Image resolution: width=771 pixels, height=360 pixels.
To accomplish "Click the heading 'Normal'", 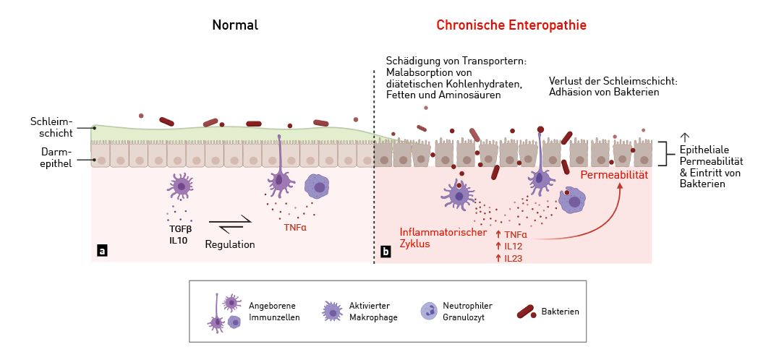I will click(235, 25).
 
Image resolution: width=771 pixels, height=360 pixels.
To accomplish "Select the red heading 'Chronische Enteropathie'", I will click(511, 25).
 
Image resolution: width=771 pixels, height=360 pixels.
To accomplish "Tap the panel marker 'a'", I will click(102, 251).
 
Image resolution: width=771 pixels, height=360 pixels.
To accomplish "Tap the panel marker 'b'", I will click(385, 252).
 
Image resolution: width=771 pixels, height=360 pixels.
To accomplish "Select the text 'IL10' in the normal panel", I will click(179, 240).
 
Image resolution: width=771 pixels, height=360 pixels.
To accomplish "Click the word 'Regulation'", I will click(230, 244).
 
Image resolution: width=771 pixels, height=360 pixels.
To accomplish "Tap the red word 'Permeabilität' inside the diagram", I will click(613, 175).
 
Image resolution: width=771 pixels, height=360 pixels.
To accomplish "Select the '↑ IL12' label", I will click(511, 246).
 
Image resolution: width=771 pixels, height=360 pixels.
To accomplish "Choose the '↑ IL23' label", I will click(511, 258).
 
